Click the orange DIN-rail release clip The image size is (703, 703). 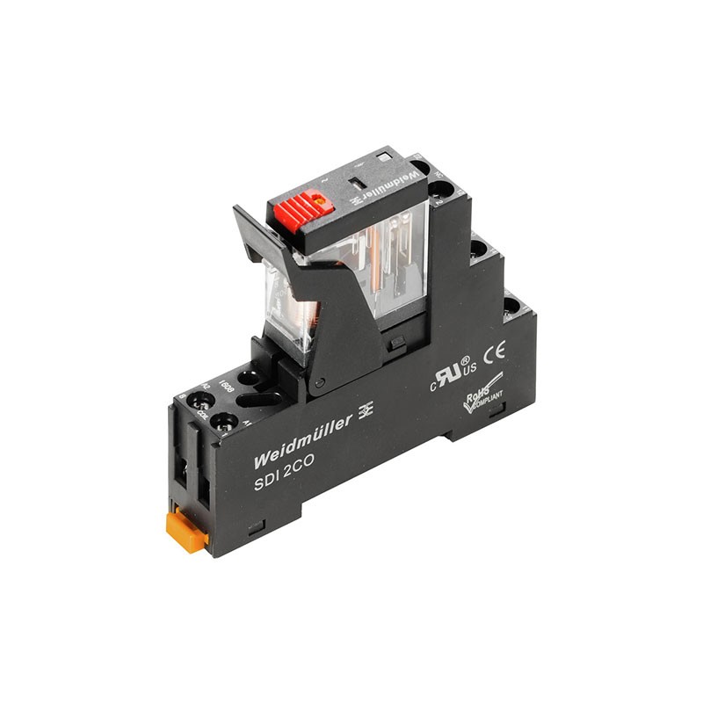coord(187,532)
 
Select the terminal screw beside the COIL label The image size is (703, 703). coord(202,402)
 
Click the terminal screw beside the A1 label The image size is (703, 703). coord(226,421)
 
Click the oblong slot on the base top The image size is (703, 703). coord(262,399)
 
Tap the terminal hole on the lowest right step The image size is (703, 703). coord(511,307)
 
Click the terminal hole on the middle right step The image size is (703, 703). coord(479,250)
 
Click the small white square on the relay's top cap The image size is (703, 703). coord(383,156)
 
